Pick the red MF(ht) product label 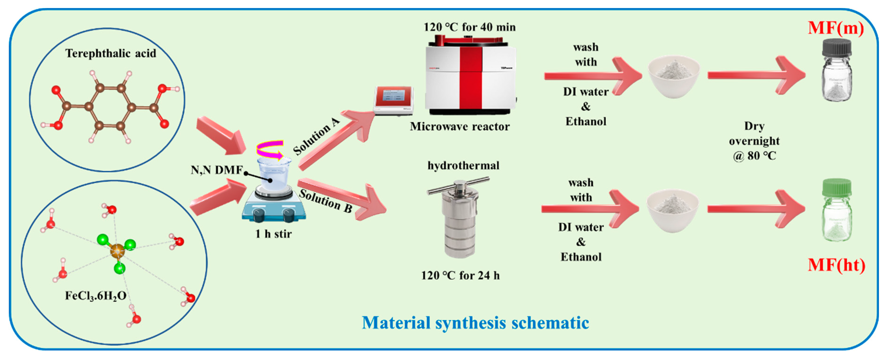tap(837, 265)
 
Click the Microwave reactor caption tap(460, 127)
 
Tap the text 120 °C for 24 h tap(460, 275)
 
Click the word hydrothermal tap(463, 166)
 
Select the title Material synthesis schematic tap(475, 323)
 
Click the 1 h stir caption tap(273, 234)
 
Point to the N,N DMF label tap(217, 170)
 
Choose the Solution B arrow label tap(325, 201)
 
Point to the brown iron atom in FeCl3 tap(117, 250)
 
